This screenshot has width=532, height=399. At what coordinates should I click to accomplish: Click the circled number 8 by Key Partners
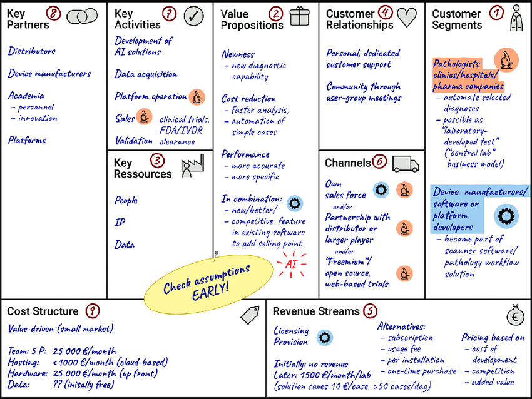pyautogui.click(x=54, y=13)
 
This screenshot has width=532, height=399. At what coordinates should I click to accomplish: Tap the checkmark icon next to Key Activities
pyautogui.click(x=194, y=16)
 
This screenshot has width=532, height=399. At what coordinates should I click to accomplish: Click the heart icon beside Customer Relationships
pyautogui.click(x=407, y=16)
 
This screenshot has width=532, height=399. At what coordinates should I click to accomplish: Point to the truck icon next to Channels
pyautogui.click(x=406, y=163)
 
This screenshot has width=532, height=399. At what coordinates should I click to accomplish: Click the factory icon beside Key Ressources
pyautogui.click(x=192, y=167)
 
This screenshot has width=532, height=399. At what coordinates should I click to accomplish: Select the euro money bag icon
pyautogui.click(x=515, y=314)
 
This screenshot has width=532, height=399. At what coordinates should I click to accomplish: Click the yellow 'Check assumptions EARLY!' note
pyautogui.click(x=197, y=280)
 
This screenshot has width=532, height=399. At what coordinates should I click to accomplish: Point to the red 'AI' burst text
pyautogui.click(x=291, y=264)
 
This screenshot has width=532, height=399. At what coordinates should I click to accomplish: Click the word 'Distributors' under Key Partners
pyautogui.click(x=31, y=51)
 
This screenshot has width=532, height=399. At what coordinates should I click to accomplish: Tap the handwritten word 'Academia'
pyautogui.click(x=26, y=96)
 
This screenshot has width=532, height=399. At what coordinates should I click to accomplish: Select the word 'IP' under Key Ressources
pyautogui.click(x=120, y=223)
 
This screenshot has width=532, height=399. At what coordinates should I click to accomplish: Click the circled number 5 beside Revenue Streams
pyautogui.click(x=371, y=311)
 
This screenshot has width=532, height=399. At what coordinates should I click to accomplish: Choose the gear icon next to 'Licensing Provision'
pyautogui.click(x=324, y=337)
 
